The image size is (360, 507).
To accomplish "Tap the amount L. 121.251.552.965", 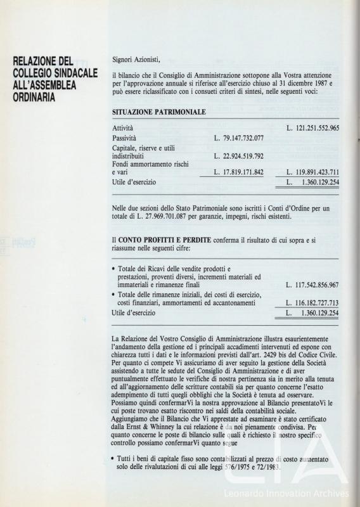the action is click(312, 128).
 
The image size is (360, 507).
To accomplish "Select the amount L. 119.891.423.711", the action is click(312, 172).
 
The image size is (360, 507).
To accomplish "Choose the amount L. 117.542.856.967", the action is click(312, 285).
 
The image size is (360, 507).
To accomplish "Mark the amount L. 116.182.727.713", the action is click(312, 303).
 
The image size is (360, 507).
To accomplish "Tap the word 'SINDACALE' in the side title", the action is click(74, 75).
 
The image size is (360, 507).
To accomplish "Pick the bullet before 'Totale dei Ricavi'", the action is click(113, 269).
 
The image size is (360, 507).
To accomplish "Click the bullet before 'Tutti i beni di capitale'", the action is click(113, 458).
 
